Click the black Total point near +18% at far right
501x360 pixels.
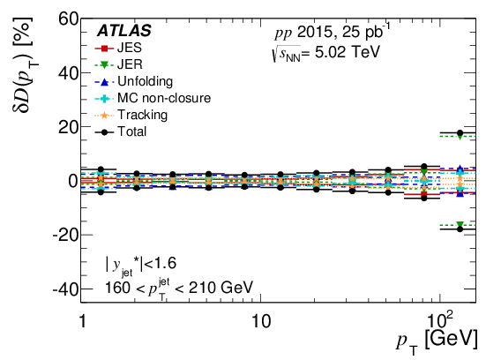coord(460,132)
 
